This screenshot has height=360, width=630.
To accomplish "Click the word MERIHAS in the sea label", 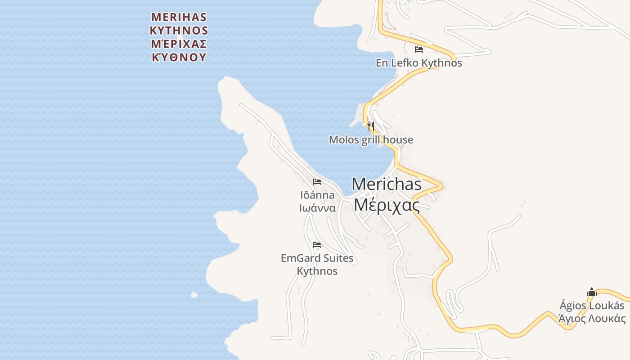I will [x=179, y=17].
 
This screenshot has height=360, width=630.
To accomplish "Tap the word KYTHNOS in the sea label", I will [x=179, y=31].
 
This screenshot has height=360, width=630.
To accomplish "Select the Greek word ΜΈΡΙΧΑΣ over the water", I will [x=179, y=44].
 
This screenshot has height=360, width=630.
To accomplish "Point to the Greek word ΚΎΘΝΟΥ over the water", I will [x=179, y=58].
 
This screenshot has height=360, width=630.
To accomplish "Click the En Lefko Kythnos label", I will [x=418, y=63].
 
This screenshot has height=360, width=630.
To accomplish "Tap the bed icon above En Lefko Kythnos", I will [x=419, y=49].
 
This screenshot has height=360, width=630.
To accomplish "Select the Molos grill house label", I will [x=371, y=139].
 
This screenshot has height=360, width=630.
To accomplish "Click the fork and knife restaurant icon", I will [x=370, y=126].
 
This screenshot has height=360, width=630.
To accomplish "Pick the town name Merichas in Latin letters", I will [x=387, y=184].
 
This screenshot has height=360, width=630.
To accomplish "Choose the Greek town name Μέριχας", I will [x=387, y=205].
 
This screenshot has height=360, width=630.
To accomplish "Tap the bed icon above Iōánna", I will [x=317, y=182].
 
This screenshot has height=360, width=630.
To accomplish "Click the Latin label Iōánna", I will [x=317, y=195].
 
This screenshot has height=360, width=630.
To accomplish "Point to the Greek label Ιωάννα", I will [x=317, y=208].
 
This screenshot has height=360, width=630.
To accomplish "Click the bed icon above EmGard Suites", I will [x=317, y=245].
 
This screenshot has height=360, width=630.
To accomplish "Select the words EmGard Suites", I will [x=317, y=258].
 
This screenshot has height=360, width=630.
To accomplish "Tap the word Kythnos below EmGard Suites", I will [x=317, y=271].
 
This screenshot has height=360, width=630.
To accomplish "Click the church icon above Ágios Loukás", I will [x=591, y=292].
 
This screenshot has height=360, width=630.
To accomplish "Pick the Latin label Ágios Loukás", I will [x=592, y=306].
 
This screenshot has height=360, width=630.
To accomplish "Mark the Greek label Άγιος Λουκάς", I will [x=592, y=319].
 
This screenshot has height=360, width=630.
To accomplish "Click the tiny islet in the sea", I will [x=194, y=295].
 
